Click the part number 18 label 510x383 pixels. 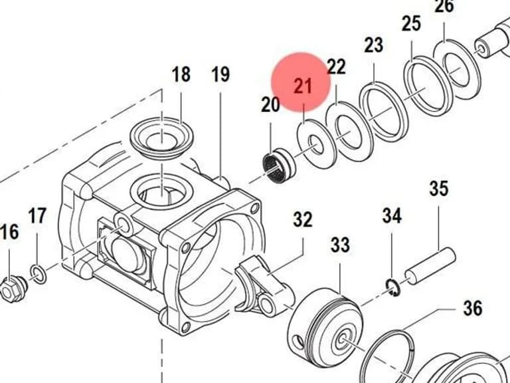point(181,74)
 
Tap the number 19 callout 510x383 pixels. point(220,74)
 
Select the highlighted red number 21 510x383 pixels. point(303,86)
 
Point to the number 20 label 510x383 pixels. point(270,105)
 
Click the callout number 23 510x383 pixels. point(373,45)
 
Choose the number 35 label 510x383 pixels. point(439,189)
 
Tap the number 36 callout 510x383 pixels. point(473,308)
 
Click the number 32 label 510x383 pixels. point(303,219)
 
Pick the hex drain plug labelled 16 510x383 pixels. point(14,289)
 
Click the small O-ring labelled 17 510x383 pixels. point(39,275)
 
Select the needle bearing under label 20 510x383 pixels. point(279,166)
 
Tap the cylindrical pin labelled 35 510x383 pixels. point(430,266)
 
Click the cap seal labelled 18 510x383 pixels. point(162,138)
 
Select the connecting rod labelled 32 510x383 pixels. point(264,286)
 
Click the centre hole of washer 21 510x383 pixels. point(317,145)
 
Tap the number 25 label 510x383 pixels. point(412,24)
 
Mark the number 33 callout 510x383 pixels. point(340,245)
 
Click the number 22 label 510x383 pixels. point(336,66)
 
